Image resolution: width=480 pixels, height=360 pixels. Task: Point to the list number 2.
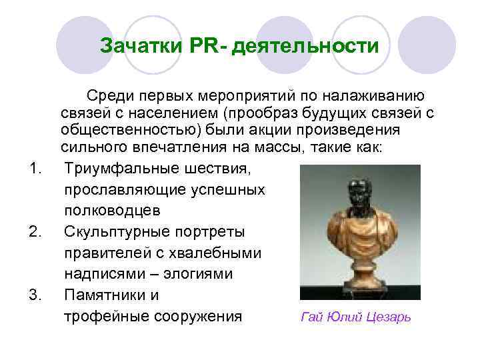(36, 231)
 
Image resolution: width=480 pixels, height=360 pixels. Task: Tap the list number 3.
(36, 294)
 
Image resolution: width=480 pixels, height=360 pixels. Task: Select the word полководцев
(112, 210)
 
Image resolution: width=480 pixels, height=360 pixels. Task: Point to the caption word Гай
(312, 317)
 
